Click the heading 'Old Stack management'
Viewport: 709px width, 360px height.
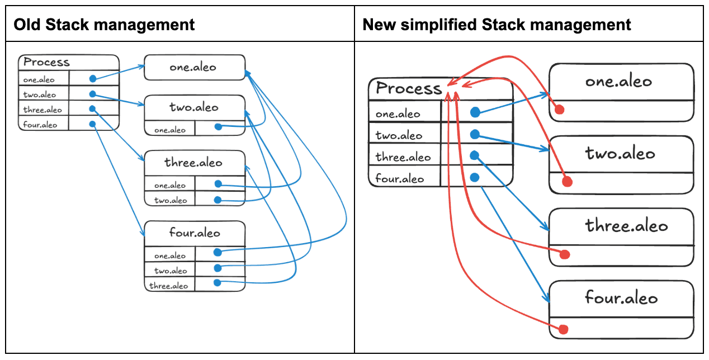(x=104, y=25)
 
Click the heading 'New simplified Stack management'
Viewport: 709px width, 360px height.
(x=497, y=25)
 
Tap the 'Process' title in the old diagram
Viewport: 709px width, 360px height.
(x=46, y=62)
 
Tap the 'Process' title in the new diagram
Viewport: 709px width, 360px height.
(x=409, y=88)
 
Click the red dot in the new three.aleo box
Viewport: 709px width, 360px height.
(x=564, y=255)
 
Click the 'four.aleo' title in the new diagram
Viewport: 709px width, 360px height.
(x=621, y=297)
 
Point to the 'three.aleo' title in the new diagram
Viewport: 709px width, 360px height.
(x=626, y=226)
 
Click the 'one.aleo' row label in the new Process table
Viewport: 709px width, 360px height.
(x=398, y=114)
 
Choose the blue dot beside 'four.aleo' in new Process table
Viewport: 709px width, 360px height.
(x=475, y=177)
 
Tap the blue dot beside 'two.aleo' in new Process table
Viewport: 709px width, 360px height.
(x=475, y=134)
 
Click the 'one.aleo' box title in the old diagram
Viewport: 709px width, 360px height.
(x=193, y=68)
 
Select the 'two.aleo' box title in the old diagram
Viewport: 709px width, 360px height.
(x=194, y=107)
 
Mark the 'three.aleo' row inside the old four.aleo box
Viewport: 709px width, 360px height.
(x=168, y=286)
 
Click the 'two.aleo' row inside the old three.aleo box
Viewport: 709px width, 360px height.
(x=170, y=200)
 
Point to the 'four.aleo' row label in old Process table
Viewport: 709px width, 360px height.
(x=40, y=125)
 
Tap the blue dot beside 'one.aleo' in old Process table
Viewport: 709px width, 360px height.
(x=93, y=78)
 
